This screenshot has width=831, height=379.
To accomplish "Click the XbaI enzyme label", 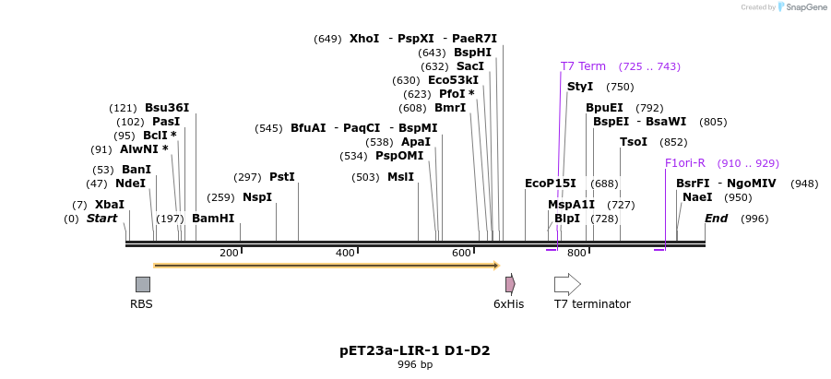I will point(109,205).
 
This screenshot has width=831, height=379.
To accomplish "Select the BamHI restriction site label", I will point(213,219).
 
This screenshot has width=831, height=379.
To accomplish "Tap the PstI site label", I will point(281,177).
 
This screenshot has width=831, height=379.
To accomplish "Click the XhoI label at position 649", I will point(363,39).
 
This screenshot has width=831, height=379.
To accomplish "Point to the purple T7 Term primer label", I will point(583,66).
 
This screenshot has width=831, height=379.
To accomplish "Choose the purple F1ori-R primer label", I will point(684,163).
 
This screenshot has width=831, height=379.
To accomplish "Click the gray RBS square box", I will point(143,284).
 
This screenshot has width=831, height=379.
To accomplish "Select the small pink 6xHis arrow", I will point(510,284).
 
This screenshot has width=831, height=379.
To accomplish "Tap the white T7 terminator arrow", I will point(567,284).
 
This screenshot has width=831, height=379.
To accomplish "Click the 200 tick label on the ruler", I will point(229,253).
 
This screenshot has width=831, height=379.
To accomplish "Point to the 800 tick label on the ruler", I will point(576,253).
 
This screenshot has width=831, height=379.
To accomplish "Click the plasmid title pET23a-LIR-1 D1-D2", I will point(415,350).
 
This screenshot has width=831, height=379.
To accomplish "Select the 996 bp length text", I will point(415,365).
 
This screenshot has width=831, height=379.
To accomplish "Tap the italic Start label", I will point(101,219).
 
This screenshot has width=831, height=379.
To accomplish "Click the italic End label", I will point(716,219).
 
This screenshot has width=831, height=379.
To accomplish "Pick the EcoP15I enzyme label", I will point(550,184).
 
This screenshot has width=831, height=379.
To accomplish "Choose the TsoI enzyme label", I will point(633,142).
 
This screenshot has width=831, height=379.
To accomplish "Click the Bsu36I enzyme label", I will point(167,108).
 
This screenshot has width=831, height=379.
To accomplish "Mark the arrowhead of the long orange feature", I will point(495,266).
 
